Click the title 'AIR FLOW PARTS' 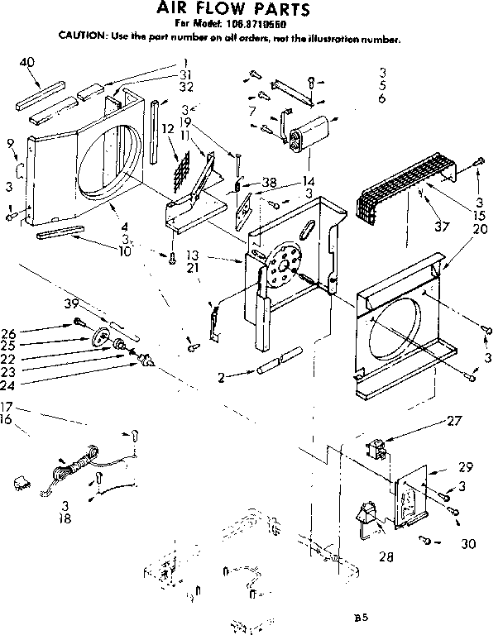tap(234, 10)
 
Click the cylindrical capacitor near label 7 tap(309, 132)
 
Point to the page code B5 tap(358, 617)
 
